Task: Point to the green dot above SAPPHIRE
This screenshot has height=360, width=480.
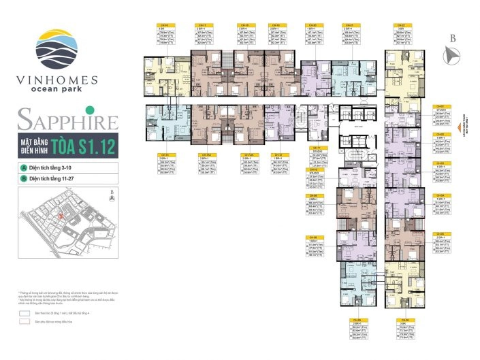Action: [88, 110]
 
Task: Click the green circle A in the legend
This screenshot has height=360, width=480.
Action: [23, 167]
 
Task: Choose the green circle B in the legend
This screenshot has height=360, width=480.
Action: [23, 178]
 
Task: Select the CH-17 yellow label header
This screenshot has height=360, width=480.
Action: [202, 26]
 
